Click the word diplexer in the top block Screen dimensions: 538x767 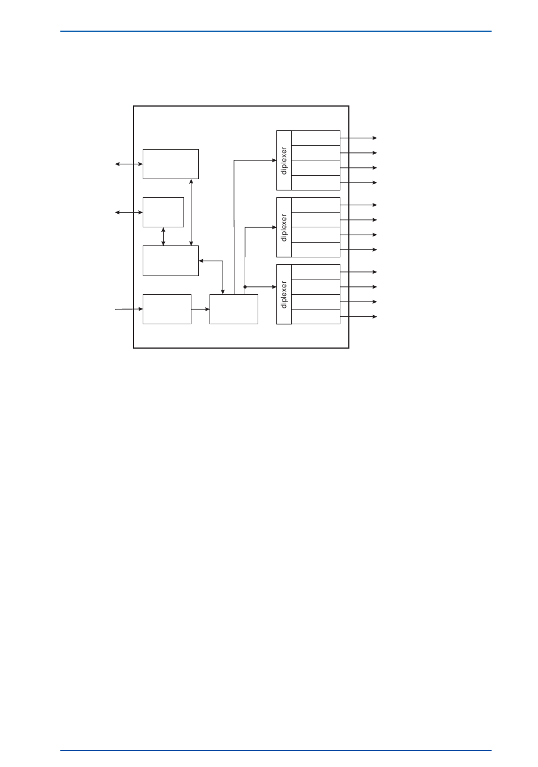[x=284, y=160]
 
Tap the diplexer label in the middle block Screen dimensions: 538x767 [x=284, y=227]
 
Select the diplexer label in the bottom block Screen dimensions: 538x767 [x=284, y=294]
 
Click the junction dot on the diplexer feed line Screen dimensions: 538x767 [x=245, y=287]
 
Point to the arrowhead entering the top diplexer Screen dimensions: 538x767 [x=274, y=160]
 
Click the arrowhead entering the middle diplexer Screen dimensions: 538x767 [x=274, y=227]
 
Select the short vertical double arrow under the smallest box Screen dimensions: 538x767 [x=164, y=236]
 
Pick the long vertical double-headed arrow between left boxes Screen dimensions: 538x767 [x=191, y=212]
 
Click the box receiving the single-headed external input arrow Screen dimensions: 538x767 [x=166, y=309]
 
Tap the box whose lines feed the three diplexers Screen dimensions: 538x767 [x=233, y=309]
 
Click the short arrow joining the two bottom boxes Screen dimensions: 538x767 [x=200, y=309]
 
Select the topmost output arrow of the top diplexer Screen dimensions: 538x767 [x=358, y=138]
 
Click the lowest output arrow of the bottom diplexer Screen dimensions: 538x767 [x=358, y=316]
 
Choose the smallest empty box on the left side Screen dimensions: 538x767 [x=163, y=212]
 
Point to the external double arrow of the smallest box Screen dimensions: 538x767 [x=129, y=213]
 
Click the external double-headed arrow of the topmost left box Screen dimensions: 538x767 [x=129, y=164]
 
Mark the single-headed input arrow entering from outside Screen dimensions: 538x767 [x=129, y=309]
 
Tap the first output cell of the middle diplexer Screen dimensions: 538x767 [x=315, y=205]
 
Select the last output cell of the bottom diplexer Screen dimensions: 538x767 [x=315, y=316]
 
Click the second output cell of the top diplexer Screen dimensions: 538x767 [x=315, y=152]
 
